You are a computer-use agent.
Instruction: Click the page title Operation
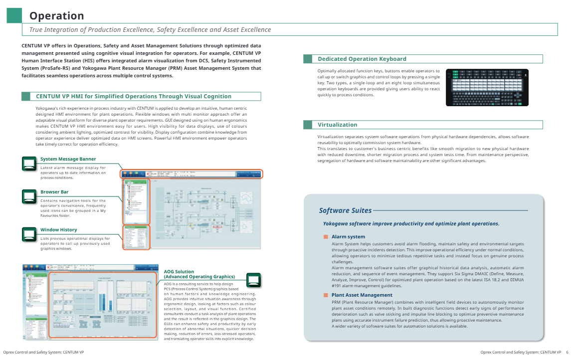57,16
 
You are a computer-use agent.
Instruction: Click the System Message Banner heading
68,159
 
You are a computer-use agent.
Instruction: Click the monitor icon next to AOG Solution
254,280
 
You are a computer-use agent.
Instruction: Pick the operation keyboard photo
487,87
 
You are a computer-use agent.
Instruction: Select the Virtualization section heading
338,125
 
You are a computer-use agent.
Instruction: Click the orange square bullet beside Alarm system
326,237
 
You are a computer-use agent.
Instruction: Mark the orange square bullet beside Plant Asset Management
326,295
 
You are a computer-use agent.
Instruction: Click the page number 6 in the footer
567,352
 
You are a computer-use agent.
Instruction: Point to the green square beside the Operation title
14,16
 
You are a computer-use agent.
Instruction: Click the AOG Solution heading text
199,274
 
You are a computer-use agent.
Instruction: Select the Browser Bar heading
54,192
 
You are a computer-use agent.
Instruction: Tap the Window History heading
59,230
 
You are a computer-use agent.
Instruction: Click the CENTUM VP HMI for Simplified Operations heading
134,96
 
